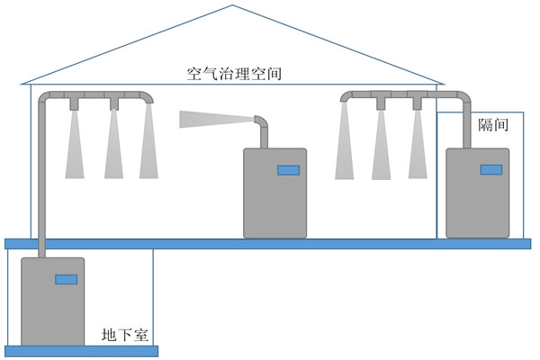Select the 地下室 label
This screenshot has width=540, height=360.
click(x=125, y=336)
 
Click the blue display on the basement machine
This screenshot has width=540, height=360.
click(x=66, y=279)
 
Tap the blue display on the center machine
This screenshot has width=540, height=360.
click(x=288, y=169)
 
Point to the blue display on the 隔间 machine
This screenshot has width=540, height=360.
click(x=490, y=169)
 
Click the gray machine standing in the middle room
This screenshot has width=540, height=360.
click(x=274, y=202)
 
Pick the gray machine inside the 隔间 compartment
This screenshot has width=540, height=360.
click(x=478, y=202)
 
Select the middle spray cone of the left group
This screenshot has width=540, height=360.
click(x=113, y=144)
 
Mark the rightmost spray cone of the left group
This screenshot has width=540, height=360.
click(x=148, y=144)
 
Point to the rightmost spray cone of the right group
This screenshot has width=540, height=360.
click(x=416, y=144)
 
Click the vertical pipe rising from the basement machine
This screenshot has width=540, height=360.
click(x=41, y=180)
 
